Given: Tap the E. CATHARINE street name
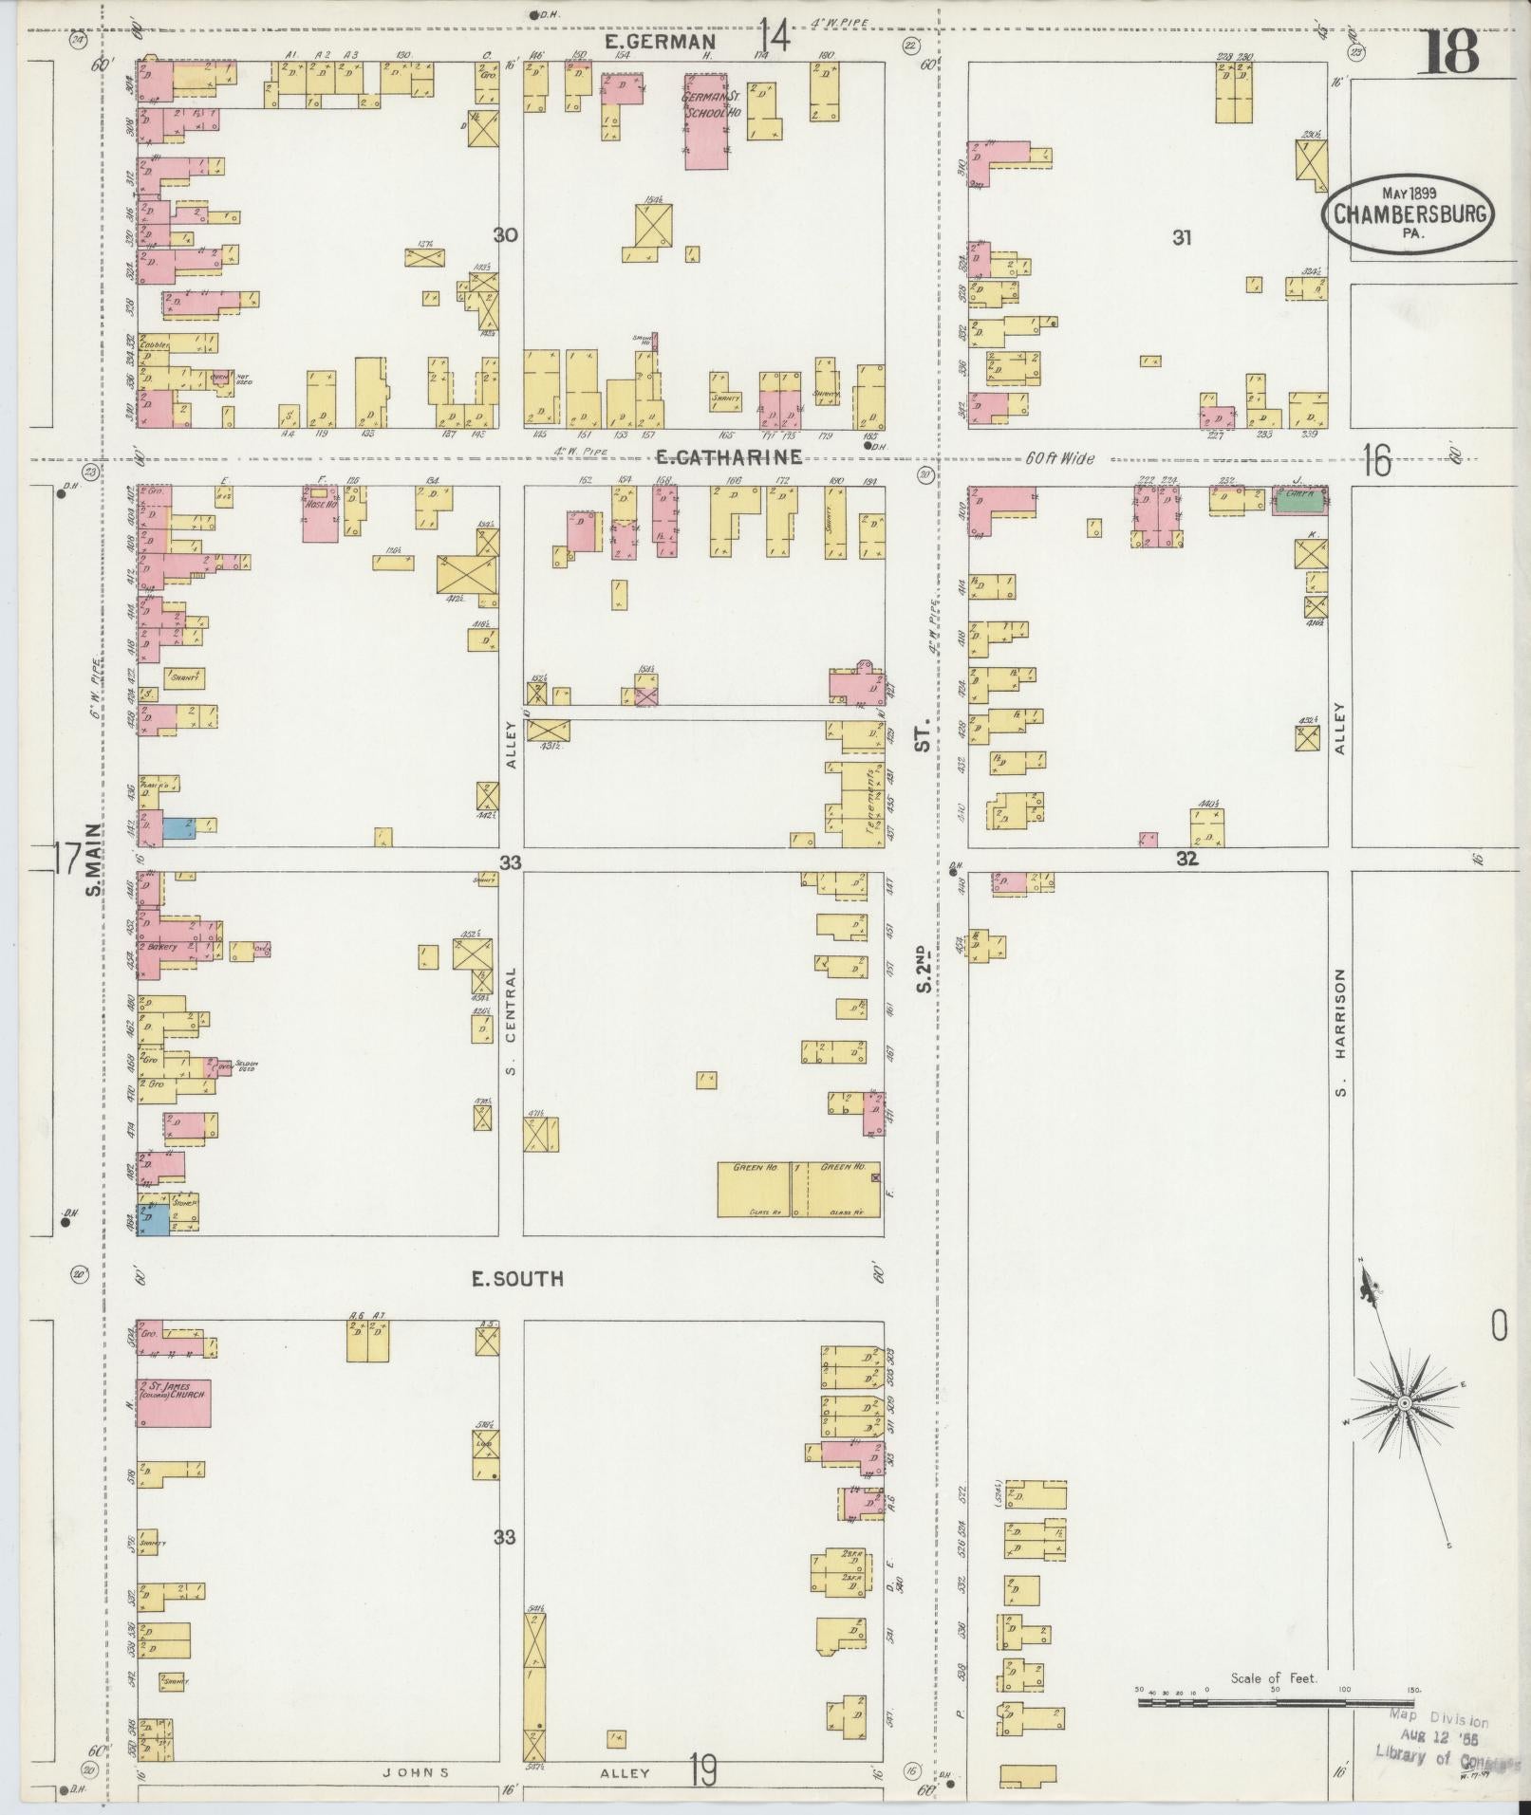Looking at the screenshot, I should coord(728,457).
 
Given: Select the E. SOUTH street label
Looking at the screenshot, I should coord(518,1279).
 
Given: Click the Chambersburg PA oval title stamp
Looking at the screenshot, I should coord(1408,214).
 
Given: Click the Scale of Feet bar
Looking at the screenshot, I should coord(1272,1703).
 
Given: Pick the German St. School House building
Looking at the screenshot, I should coord(707,119).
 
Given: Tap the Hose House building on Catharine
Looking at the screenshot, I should coord(321,513).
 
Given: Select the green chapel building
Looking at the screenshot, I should coord(1298,501).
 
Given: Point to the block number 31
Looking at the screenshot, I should coord(1181,238).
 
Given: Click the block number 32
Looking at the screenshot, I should coord(1186,858).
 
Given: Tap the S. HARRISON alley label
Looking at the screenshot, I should coord(1341,1031).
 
